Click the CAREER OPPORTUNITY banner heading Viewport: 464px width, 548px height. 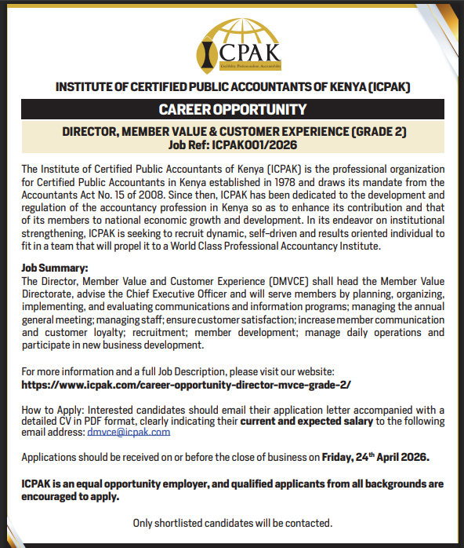pos(232,109)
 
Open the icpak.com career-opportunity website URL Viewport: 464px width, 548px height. pos(186,385)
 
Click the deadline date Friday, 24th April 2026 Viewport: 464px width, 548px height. pos(387,456)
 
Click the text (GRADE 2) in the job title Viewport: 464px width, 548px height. pos(372,131)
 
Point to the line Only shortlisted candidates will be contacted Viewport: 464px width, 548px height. pos(232,522)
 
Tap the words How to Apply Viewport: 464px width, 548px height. pos(49,410)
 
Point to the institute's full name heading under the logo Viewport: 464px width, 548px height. pos(232,86)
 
